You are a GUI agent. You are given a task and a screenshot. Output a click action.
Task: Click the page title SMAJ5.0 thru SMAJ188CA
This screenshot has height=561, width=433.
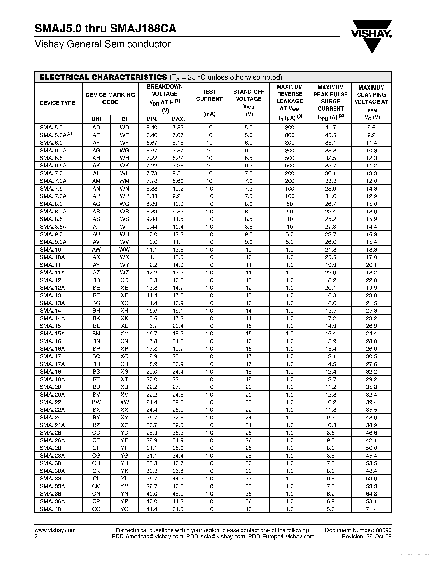pyautogui.click(x=105, y=29)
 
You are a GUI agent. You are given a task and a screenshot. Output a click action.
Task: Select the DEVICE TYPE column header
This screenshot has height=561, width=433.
pyautogui.click(x=57, y=103)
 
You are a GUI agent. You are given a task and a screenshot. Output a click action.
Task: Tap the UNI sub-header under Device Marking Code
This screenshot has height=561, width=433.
pyautogui.click(x=96, y=119)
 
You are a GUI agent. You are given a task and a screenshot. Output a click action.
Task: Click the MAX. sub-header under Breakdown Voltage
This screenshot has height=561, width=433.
pyautogui.click(x=178, y=119)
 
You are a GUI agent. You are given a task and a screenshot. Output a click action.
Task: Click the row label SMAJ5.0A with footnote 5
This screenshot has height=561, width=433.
pyautogui.click(x=55, y=135)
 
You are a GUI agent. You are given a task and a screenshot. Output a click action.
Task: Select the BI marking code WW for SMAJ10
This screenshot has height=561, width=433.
pyautogui.click(x=125, y=250)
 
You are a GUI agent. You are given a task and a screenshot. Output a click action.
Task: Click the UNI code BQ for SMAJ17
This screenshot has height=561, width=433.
pyautogui.click(x=96, y=357)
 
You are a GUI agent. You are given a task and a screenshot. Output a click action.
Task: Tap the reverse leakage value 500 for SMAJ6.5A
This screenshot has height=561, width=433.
pyautogui.click(x=289, y=166)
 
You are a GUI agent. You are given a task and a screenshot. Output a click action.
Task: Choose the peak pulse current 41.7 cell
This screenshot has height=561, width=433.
pyautogui.click(x=330, y=127)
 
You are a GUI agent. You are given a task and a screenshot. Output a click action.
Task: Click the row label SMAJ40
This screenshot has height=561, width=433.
pyautogui.click(x=51, y=509)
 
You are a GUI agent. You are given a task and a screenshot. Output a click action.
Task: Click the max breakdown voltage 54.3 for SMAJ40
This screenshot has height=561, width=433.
pyautogui.click(x=178, y=509)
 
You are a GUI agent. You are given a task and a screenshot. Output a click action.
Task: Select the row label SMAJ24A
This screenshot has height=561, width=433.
pyautogui.click(x=52, y=425)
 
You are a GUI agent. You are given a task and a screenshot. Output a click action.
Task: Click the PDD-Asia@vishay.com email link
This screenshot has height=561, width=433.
pyautogui.click(x=215, y=537)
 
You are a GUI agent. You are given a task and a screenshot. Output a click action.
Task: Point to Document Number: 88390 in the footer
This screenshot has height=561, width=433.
pyautogui.click(x=358, y=530)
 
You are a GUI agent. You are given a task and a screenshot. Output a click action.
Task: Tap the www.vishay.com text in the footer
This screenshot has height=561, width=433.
pyautogui.click(x=55, y=530)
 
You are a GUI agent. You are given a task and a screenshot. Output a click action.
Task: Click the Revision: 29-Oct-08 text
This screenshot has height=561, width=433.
pyautogui.click(x=366, y=537)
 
